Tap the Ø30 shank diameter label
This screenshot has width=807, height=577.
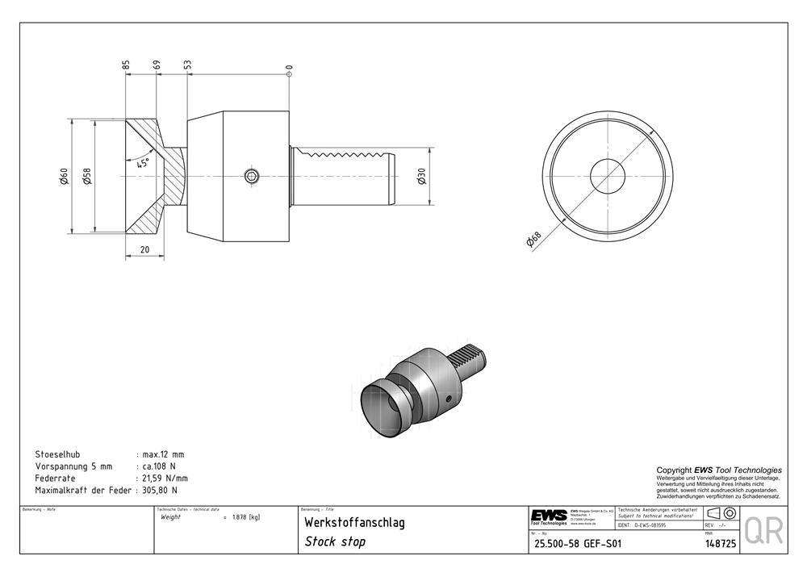pyautogui.click(x=422, y=177)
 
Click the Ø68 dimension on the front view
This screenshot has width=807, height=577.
pyautogui.click(x=533, y=240)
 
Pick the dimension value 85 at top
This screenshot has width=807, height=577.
pyautogui.click(x=127, y=64)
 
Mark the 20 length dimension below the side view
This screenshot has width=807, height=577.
pyautogui.click(x=144, y=249)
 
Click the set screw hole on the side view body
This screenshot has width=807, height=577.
pyautogui.click(x=253, y=177)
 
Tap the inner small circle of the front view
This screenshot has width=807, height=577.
pyautogui.click(x=607, y=174)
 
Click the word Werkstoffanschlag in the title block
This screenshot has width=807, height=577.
pyautogui.click(x=354, y=523)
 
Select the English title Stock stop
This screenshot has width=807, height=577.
pyautogui.click(x=335, y=541)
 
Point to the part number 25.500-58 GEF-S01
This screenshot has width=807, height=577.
pyautogui.click(x=577, y=544)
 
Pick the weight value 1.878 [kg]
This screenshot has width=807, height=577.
pyautogui.click(x=245, y=517)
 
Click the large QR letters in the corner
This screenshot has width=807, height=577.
pyautogui.click(x=763, y=530)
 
